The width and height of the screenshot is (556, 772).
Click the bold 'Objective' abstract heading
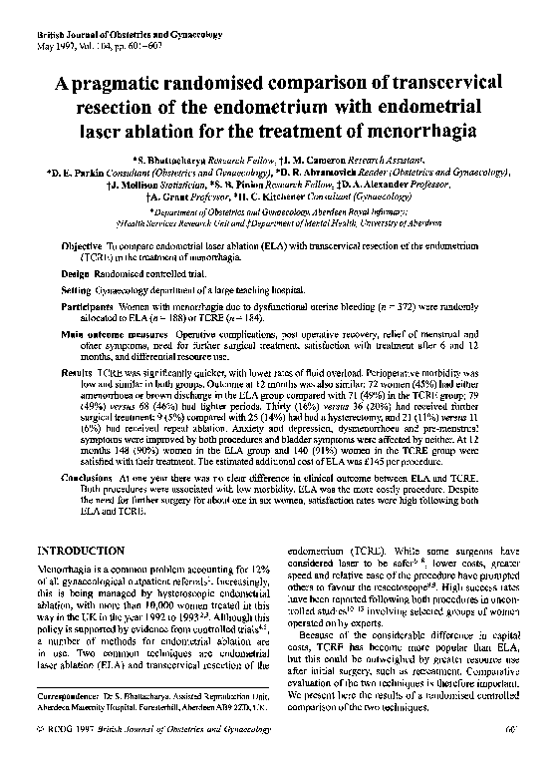tap(81, 244)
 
